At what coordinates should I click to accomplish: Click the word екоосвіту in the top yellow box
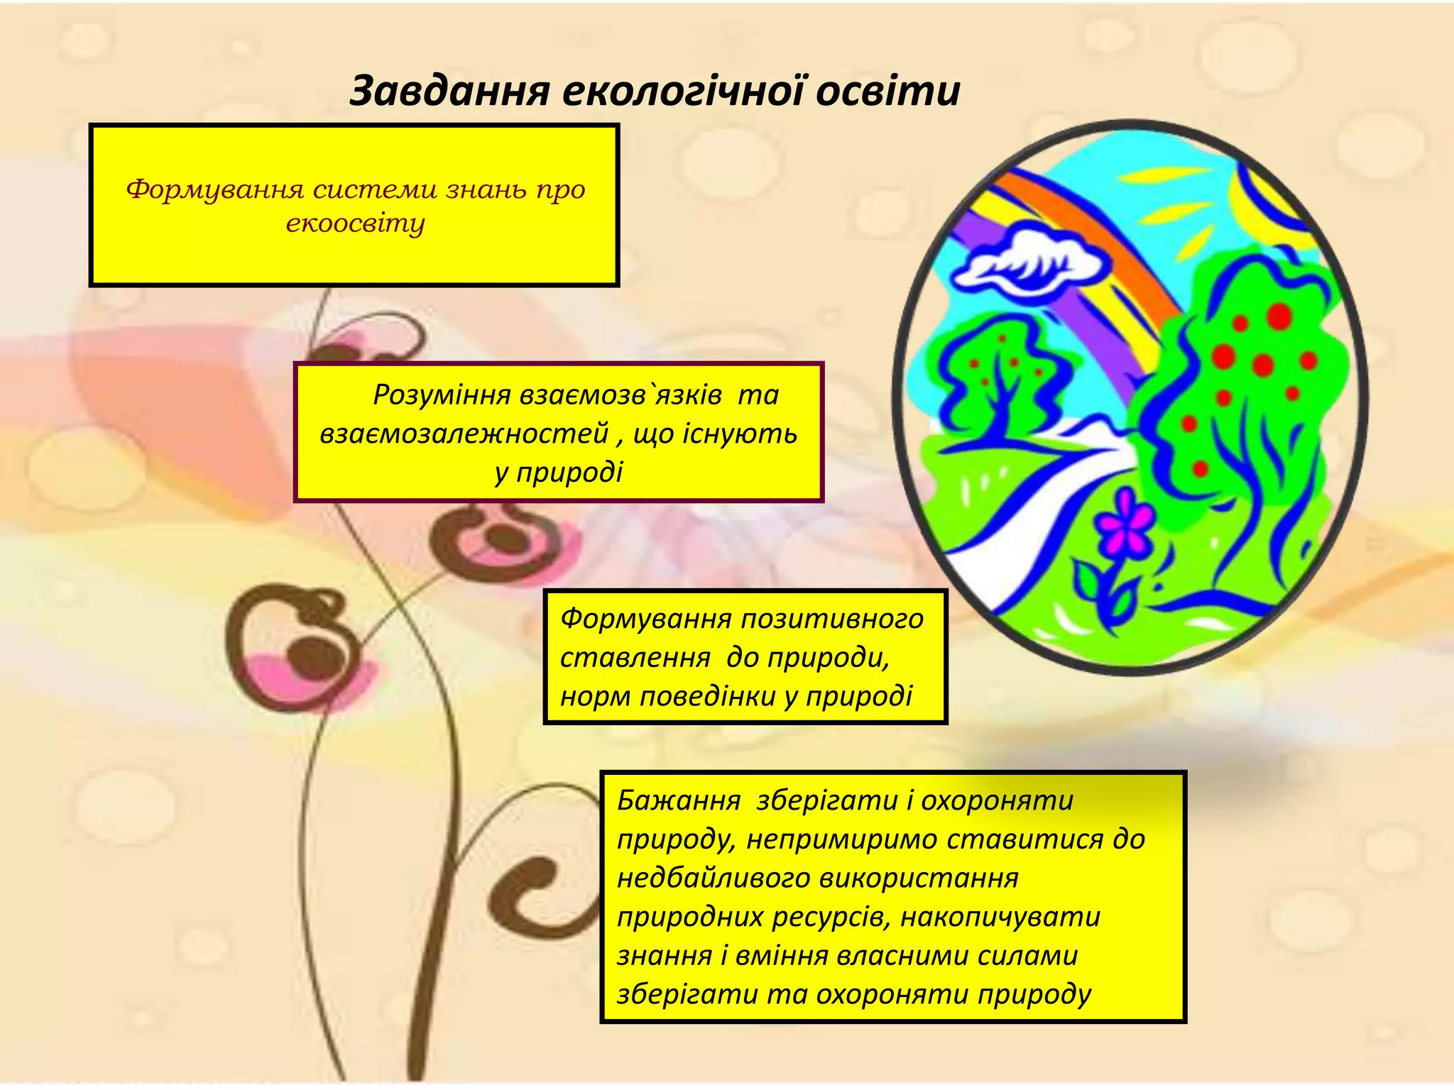tap(355, 224)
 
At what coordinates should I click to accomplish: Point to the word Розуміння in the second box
tap(442, 395)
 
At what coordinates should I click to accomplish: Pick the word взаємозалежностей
tap(464, 434)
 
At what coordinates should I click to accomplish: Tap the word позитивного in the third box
tap(832, 619)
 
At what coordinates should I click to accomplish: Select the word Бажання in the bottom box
tap(679, 800)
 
